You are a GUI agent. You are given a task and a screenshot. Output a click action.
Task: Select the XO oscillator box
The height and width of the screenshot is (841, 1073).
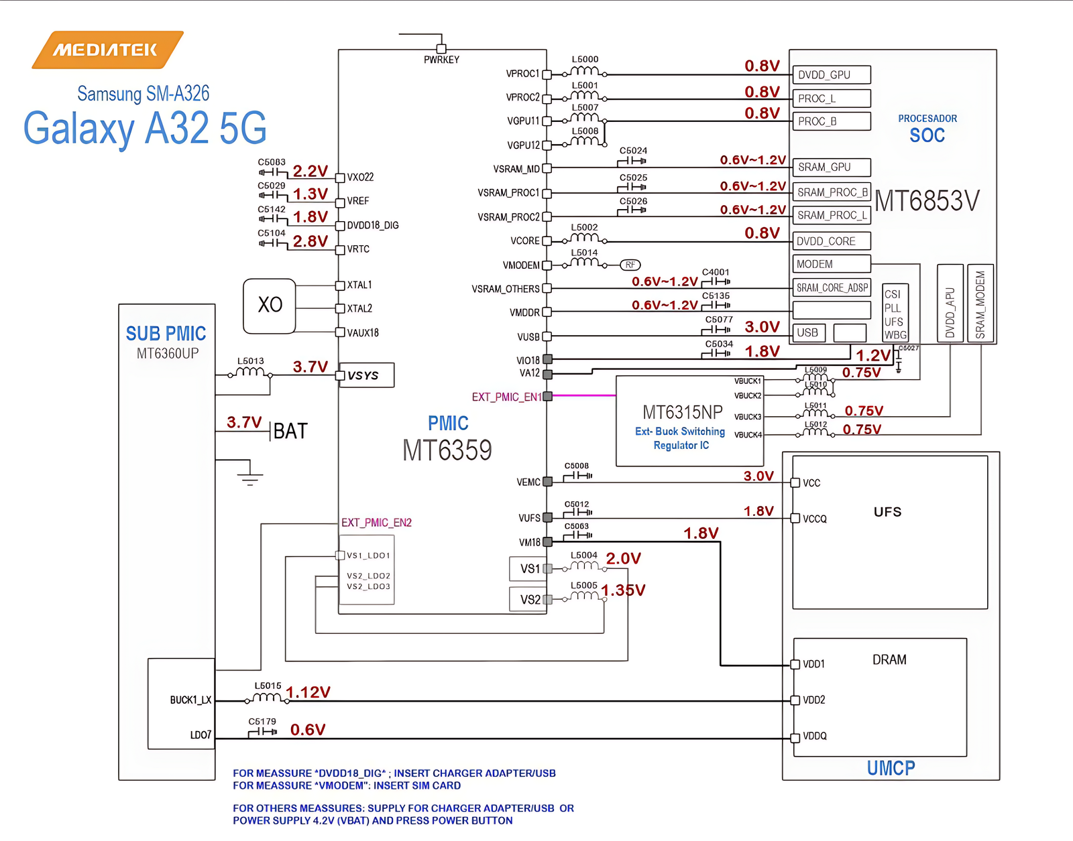pyautogui.click(x=270, y=306)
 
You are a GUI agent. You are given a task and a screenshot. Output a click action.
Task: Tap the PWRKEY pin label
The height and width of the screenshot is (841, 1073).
pyautogui.click(x=441, y=60)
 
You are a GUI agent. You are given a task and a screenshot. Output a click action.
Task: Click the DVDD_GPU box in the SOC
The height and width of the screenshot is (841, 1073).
pyautogui.click(x=831, y=74)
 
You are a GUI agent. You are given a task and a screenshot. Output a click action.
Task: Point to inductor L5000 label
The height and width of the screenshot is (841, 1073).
pyautogui.click(x=585, y=60)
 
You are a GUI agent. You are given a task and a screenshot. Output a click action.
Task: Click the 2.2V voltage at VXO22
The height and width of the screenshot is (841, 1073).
pyautogui.click(x=310, y=172)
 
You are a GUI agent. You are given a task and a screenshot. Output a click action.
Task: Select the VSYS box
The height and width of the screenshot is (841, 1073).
pyautogui.click(x=366, y=375)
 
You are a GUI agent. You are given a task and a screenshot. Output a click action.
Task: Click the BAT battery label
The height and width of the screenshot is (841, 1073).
pyautogui.click(x=290, y=431)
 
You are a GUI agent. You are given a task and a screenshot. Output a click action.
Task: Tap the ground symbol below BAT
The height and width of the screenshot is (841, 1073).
pyautogui.click(x=250, y=476)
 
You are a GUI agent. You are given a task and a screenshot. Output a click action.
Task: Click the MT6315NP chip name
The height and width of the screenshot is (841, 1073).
pyautogui.click(x=682, y=411)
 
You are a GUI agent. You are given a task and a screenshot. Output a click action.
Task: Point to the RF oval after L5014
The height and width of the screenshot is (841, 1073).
pyautogui.click(x=630, y=265)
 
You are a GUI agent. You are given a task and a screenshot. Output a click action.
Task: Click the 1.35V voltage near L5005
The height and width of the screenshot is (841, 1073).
pyautogui.click(x=623, y=590)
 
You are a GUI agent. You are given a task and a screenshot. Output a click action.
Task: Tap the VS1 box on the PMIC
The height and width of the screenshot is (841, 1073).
pyautogui.click(x=529, y=568)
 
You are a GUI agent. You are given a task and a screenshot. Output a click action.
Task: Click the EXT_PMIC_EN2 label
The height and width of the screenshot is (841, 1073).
pyautogui.click(x=376, y=523)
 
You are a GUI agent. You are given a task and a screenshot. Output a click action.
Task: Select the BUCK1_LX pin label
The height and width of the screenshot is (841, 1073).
pyautogui.click(x=190, y=700)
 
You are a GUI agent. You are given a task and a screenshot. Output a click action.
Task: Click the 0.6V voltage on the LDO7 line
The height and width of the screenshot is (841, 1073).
pyautogui.click(x=308, y=730)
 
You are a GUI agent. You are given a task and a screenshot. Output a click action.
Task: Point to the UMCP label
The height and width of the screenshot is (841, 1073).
pyautogui.click(x=891, y=768)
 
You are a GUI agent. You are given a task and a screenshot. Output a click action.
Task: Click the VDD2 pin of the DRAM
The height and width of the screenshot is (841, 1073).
pyautogui.click(x=813, y=700)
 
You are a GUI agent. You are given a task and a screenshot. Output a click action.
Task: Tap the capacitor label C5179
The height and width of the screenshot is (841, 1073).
pyautogui.click(x=262, y=722)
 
